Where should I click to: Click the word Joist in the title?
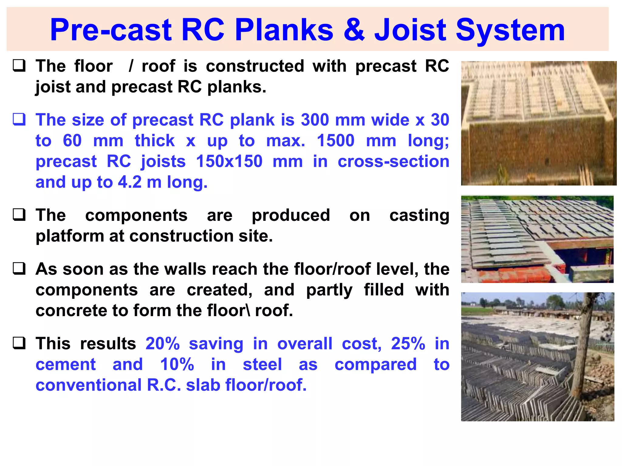[x=410, y=30]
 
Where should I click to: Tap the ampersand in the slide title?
[x=354, y=30]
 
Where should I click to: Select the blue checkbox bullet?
[x=19, y=119]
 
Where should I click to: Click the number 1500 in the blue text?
[x=335, y=141]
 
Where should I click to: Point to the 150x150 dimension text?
[x=229, y=161]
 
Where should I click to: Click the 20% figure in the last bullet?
[x=163, y=344]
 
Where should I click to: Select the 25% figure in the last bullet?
[x=408, y=344]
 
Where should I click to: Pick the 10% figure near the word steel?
[x=177, y=364]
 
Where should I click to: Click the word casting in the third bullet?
[x=419, y=215]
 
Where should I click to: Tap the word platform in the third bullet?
[x=70, y=236]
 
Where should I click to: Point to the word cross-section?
[x=393, y=161]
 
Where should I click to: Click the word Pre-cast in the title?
[x=111, y=30]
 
